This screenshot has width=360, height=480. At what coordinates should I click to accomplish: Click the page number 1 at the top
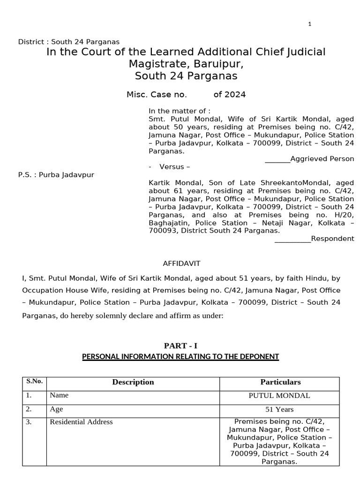[310, 24]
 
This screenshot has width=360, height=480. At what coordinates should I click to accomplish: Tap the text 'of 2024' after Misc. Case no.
[229, 95]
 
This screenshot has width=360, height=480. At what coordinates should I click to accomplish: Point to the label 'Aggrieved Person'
[322, 159]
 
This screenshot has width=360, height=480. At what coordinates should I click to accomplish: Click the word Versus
[174, 167]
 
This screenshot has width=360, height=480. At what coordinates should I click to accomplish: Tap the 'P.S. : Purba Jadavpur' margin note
[56, 175]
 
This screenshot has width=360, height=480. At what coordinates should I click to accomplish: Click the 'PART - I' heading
[180, 346]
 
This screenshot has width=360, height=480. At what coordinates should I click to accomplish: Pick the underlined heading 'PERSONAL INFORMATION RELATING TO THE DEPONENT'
[180, 357]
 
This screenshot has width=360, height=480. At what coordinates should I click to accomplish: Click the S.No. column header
[34, 381]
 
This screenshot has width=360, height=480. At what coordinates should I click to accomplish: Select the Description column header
[133, 382]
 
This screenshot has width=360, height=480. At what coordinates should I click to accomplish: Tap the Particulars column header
[280, 382]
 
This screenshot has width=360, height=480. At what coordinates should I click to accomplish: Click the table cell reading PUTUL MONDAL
[279, 396]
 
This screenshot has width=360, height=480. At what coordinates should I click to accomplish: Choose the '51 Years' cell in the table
[279, 409]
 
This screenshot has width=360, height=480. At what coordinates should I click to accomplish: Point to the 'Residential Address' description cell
[82, 422]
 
